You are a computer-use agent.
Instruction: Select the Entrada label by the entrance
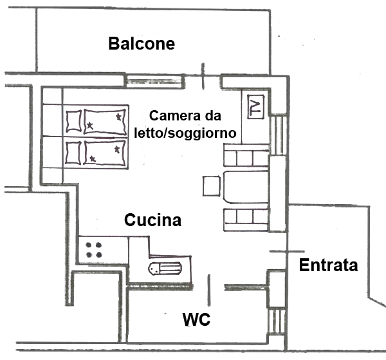(329, 265)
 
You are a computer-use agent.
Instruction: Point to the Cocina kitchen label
(152, 220)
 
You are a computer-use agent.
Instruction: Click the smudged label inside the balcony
(141, 44)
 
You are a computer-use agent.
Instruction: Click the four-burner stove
(95, 249)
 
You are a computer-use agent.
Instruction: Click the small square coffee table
(212, 185)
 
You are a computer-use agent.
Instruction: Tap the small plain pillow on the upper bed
(74, 120)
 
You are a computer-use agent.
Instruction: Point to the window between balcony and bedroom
(145, 81)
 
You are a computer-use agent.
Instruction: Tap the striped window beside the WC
(276, 319)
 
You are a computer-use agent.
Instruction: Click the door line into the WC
(208, 289)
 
